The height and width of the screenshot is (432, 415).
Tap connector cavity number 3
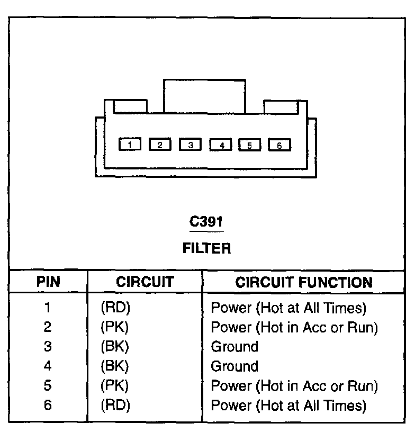pos(191,144)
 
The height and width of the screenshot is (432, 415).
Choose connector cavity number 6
pos(280,145)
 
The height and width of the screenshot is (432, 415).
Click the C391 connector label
pos(206,222)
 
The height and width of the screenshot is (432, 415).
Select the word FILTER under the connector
pos(206,248)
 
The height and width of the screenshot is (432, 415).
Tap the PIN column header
pos(48,282)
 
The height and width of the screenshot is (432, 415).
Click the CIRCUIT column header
pos(145,282)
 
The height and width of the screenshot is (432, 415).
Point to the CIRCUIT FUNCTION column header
pos(304,282)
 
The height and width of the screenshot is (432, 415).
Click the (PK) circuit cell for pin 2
pos(115,327)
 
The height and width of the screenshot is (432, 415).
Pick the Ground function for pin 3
pos(234,347)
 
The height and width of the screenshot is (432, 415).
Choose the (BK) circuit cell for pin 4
pos(115,366)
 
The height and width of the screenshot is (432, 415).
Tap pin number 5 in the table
pos(48,386)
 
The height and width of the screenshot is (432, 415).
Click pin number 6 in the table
pos(48,406)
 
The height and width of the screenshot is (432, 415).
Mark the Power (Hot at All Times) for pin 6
pos(288,406)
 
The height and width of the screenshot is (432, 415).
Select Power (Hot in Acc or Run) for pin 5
pos(294,386)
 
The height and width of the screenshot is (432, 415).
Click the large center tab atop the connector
pos(204,96)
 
